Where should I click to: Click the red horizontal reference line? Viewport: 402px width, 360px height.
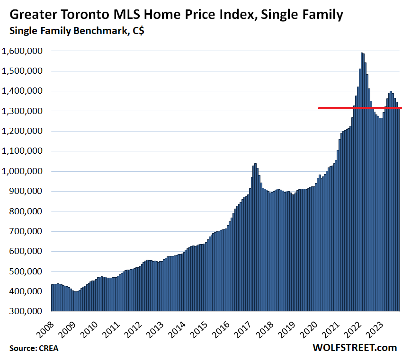click(360, 108)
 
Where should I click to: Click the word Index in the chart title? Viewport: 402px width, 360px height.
click(232, 15)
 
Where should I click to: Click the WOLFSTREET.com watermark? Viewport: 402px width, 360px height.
click(355, 348)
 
